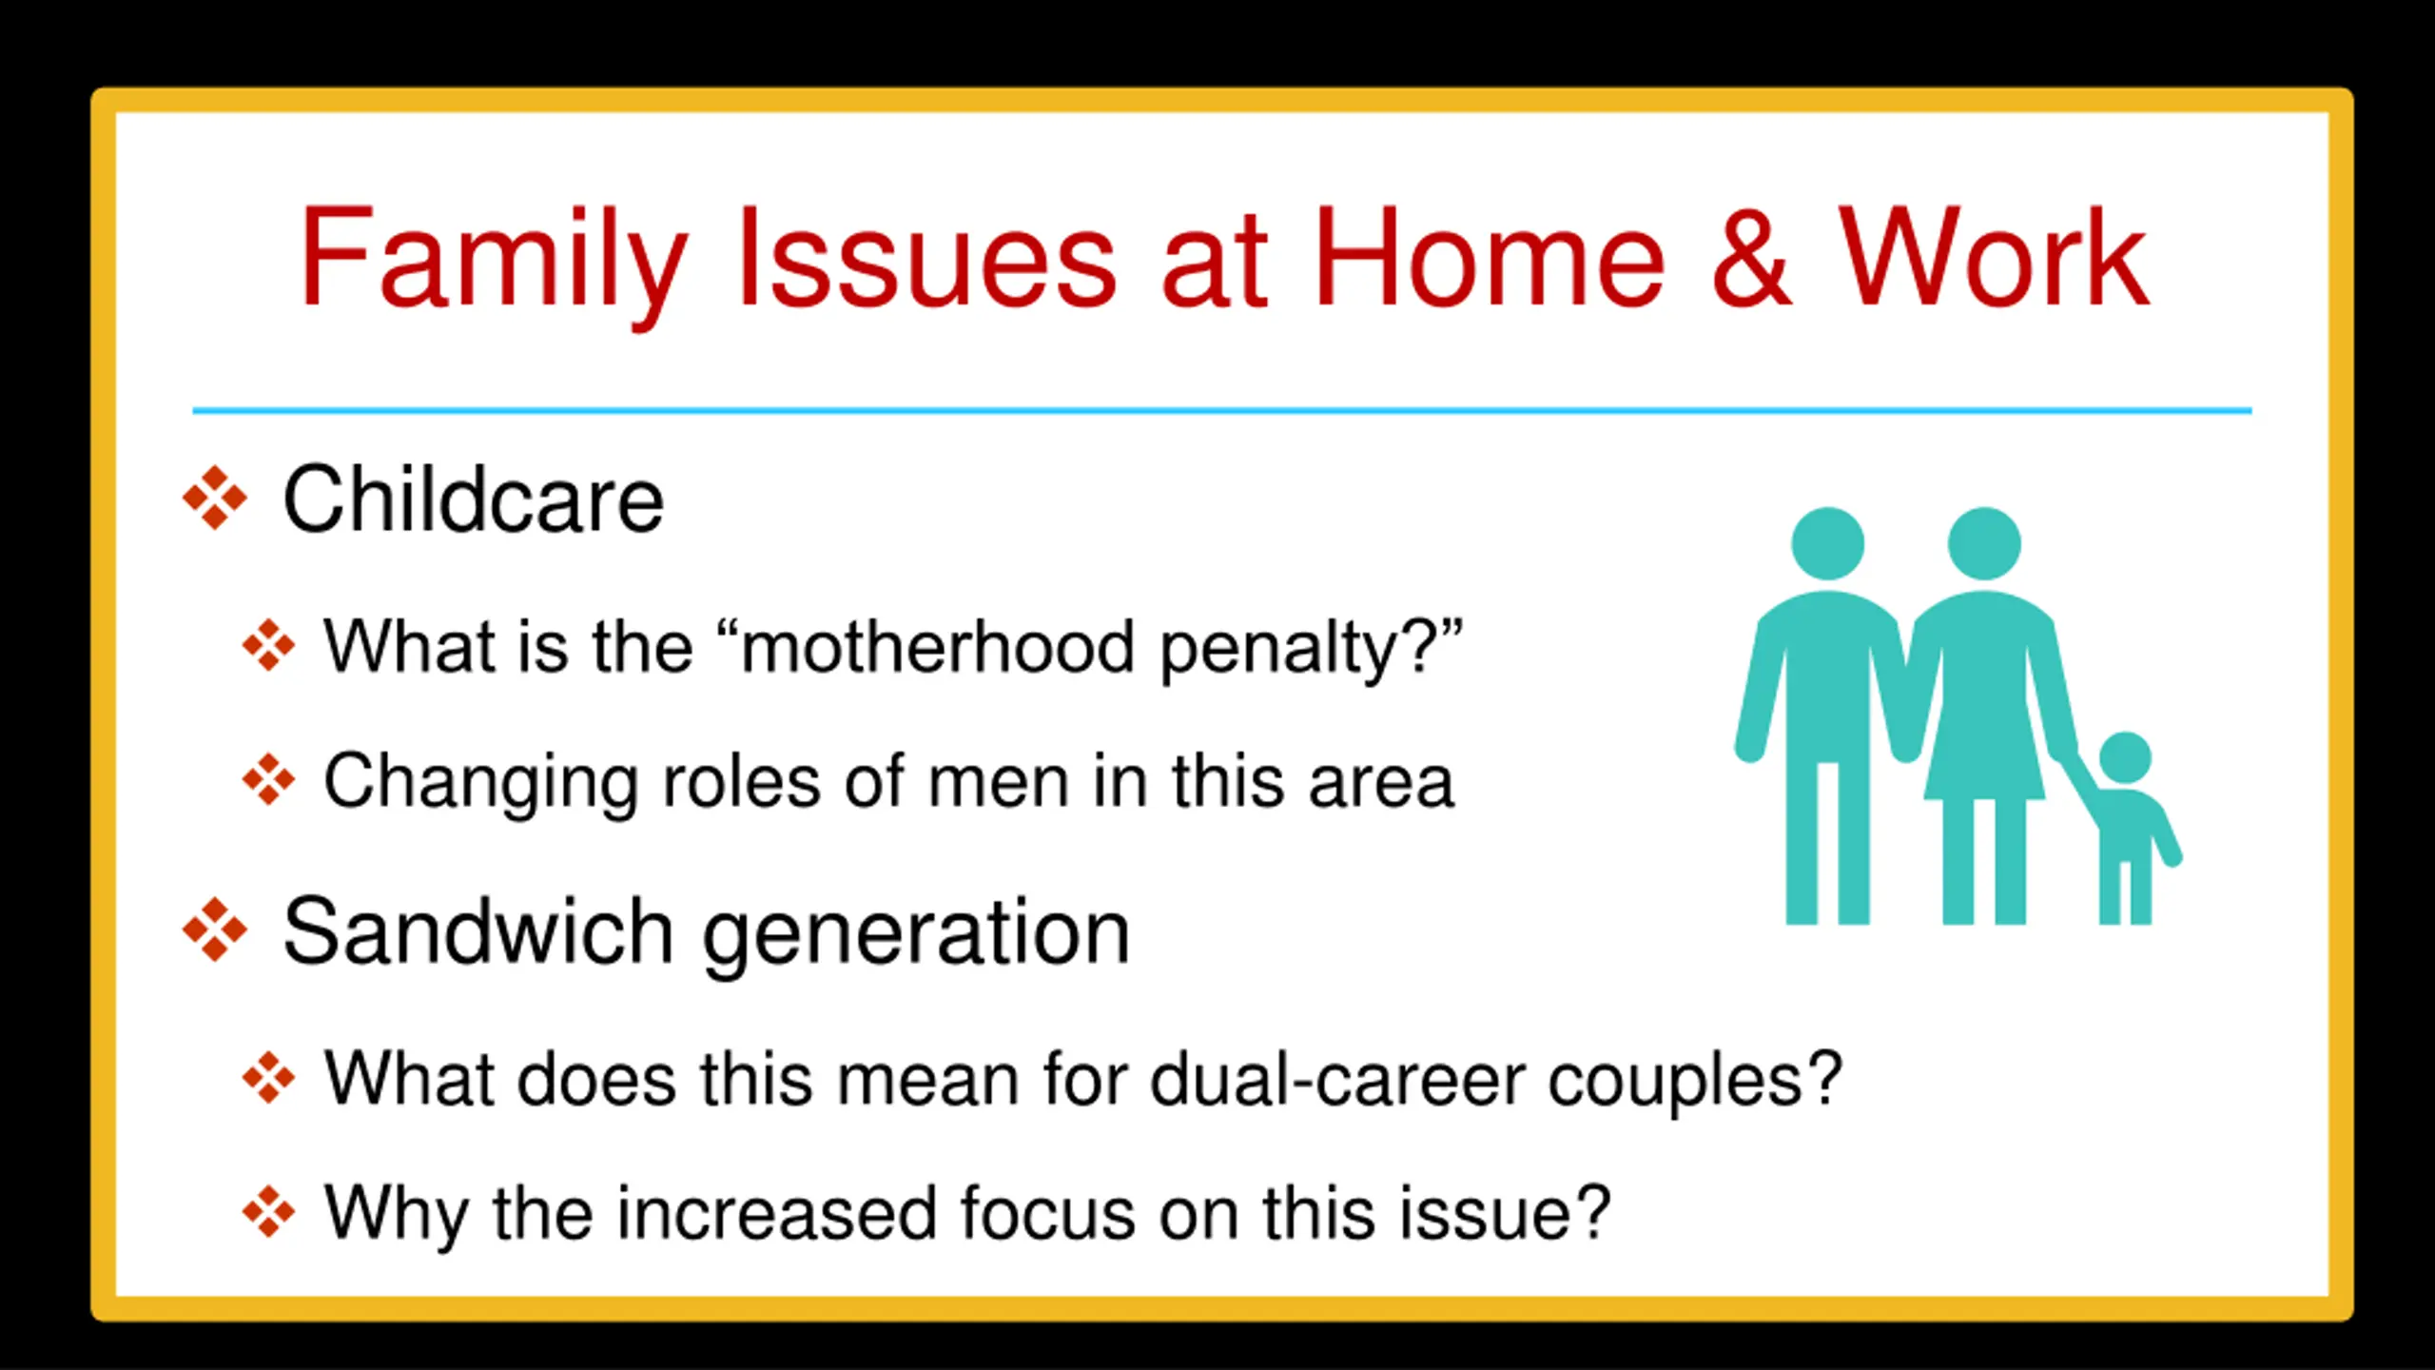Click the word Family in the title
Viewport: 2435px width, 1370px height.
(x=494, y=261)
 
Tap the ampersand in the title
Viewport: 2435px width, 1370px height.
(x=1751, y=257)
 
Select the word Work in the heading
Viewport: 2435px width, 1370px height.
(x=1993, y=257)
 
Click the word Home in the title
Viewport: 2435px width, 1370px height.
(x=1490, y=257)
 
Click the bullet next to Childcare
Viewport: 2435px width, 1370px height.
(x=215, y=498)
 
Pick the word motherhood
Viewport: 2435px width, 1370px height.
(x=937, y=647)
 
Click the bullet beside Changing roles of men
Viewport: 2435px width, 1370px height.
(x=269, y=780)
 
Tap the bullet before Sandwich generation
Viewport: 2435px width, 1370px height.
(x=215, y=930)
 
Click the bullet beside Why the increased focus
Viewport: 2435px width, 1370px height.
(x=269, y=1212)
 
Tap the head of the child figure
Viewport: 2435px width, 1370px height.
(x=2124, y=759)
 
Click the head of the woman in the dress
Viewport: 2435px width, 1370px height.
(x=1984, y=543)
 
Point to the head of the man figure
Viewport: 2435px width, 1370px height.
(x=1827, y=543)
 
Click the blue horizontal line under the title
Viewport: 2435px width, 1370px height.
(x=1222, y=411)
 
